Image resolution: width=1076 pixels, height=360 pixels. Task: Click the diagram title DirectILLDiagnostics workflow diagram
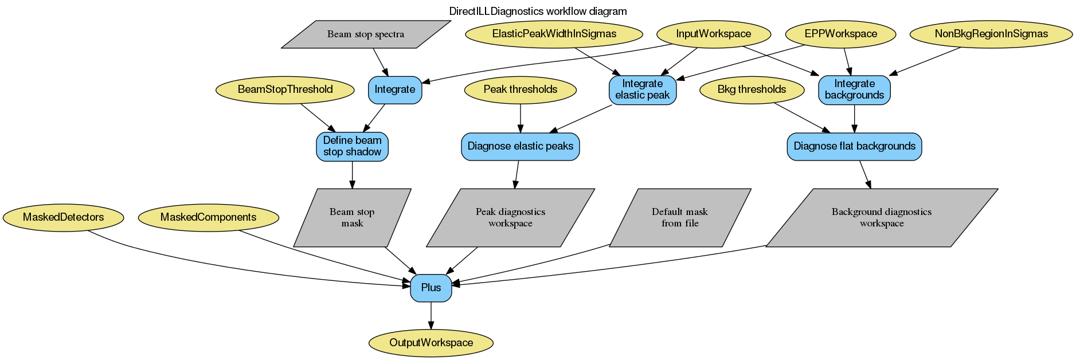(538, 11)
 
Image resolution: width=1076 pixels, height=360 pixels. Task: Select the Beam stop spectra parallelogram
(366, 34)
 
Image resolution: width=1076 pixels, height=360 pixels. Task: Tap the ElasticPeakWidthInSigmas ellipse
(554, 34)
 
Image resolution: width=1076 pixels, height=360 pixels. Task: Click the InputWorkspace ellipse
(713, 34)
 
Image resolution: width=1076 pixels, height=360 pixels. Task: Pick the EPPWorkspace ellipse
(840, 34)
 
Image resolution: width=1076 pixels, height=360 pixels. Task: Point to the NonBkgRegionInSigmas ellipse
(991, 34)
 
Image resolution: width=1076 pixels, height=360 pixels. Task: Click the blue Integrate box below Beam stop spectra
(394, 89)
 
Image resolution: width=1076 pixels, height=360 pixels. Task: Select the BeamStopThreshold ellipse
(285, 89)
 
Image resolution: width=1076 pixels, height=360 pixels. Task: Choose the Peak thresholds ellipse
(520, 89)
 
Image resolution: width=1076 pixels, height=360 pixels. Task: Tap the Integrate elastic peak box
(642, 89)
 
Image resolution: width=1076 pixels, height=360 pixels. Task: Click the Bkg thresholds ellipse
(752, 89)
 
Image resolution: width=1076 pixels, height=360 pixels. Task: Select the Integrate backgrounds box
(854, 89)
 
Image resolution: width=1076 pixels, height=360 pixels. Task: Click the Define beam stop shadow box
(352, 146)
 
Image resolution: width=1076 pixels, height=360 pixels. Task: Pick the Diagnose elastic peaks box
(520, 146)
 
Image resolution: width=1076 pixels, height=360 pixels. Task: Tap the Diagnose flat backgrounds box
(854, 146)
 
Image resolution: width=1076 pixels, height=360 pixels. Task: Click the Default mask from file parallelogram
(680, 218)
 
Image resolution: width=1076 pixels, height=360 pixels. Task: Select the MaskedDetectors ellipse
(63, 217)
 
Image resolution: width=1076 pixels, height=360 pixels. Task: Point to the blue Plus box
(431, 288)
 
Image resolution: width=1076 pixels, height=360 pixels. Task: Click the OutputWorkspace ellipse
(431, 343)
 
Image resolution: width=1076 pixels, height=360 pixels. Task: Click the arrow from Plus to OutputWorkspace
(431, 315)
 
